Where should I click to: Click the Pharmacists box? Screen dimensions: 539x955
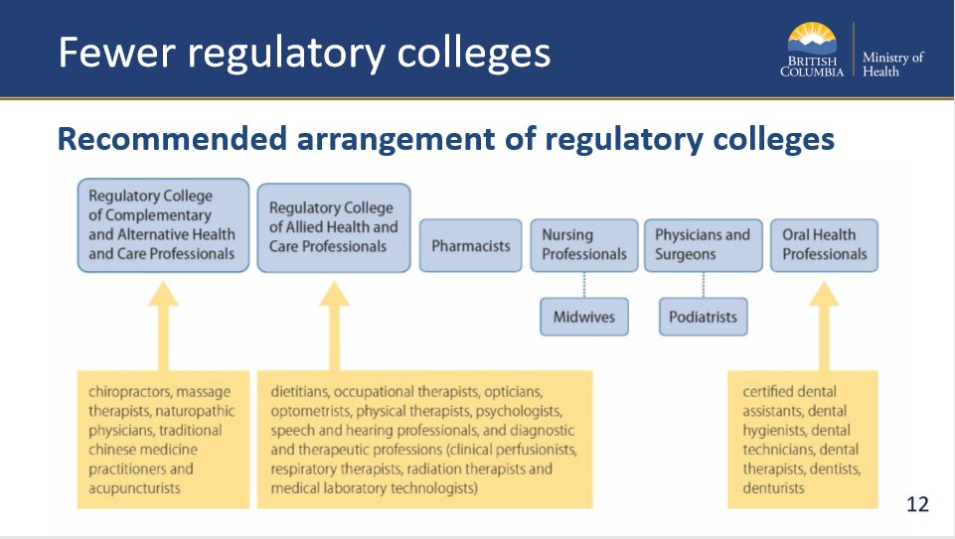pos(471,245)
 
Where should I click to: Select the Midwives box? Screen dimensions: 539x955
pos(584,318)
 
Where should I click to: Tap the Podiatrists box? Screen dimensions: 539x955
pos(704,318)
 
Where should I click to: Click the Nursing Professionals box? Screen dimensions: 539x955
pos(583,245)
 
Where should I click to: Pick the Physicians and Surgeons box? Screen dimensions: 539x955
pos(703,245)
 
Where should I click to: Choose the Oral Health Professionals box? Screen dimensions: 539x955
pos(824,245)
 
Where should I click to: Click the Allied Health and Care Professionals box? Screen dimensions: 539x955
pos(333,227)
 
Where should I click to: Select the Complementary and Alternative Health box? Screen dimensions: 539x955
pos(163,225)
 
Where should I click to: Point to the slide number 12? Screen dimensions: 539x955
pos(917,505)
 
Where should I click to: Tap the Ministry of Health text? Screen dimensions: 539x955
pos(892,65)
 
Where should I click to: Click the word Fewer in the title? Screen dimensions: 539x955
pos(107,52)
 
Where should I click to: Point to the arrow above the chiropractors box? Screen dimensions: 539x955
pos(163,323)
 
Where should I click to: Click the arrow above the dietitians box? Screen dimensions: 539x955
pos(334,323)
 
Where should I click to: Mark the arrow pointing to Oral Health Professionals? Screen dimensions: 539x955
pos(823,323)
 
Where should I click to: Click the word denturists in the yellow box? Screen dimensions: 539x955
pos(774,487)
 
